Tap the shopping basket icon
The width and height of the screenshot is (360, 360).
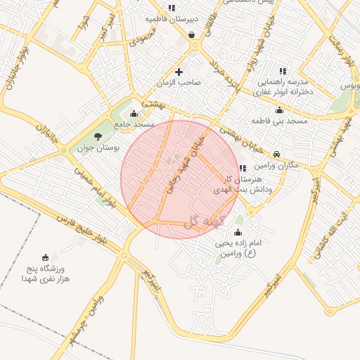click(x=192, y=34)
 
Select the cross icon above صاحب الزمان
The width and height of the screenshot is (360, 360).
click(x=179, y=72)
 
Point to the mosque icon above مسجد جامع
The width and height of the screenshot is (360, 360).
click(x=134, y=114)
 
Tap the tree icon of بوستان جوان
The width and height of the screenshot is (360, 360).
click(x=98, y=136)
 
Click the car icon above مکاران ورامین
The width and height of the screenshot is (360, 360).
click(x=277, y=154)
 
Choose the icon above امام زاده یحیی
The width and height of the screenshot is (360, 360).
click(x=238, y=233)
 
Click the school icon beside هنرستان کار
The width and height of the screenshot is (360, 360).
click(x=243, y=168)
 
